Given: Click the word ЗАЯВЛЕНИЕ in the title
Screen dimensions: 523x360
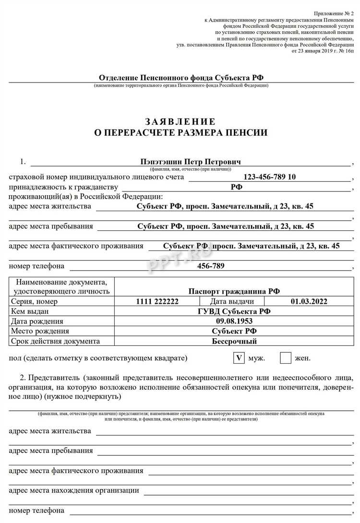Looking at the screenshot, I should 180,121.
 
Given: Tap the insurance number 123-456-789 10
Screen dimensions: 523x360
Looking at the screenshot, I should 270,177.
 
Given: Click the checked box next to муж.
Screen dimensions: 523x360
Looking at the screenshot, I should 239,358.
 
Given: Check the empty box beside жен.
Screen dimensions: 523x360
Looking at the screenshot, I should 286,358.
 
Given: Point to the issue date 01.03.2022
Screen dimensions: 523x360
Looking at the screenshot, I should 309,301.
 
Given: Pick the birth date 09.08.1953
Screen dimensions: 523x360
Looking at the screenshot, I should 234,321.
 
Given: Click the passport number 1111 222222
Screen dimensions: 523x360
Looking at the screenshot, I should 157,301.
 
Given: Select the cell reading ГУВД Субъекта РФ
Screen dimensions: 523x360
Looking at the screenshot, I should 234,311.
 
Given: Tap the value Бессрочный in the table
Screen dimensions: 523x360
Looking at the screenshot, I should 234,341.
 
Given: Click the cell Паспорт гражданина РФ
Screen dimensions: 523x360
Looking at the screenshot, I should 234,291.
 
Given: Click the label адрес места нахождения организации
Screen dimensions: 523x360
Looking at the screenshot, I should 74,490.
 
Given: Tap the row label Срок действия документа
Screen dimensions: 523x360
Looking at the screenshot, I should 55,341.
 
